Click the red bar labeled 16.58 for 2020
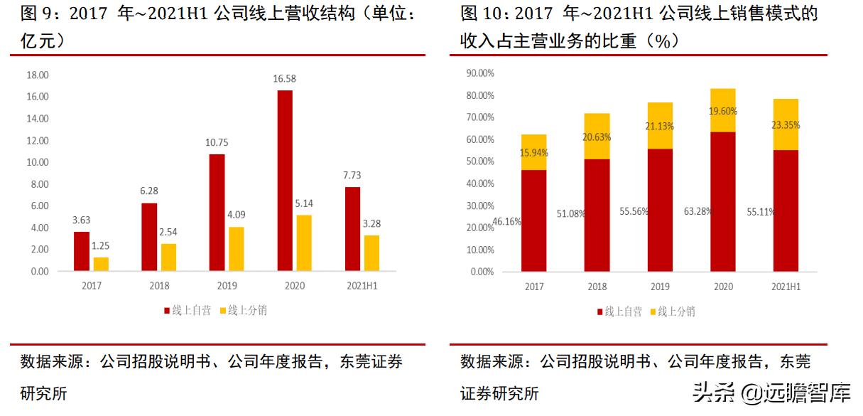[x=284, y=181]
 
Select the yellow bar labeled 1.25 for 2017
[x=102, y=264]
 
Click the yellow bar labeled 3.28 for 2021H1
[x=371, y=253]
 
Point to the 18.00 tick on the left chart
[x=38, y=75]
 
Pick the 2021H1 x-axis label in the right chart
[x=786, y=287]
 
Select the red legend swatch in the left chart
[x=167, y=311]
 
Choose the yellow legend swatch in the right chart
[x=653, y=311]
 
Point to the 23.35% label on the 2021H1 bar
[x=786, y=124]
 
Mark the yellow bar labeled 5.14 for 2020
[x=304, y=242]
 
